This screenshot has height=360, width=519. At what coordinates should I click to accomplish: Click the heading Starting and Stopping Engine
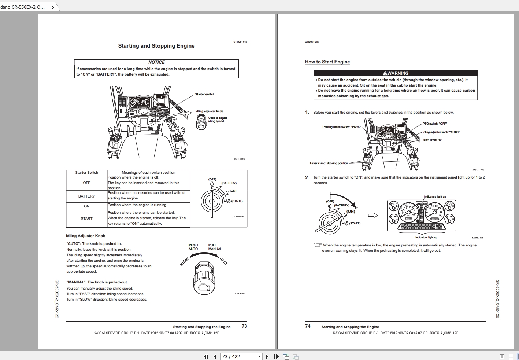point(156,46)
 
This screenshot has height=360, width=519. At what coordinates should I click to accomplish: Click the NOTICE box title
point(156,62)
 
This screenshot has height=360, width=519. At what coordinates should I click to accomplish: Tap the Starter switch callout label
point(205,94)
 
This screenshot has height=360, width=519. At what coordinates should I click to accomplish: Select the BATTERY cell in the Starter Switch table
point(86,196)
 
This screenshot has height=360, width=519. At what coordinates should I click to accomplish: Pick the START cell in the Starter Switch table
point(86,218)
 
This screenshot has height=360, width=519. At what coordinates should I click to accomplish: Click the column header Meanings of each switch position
point(148,172)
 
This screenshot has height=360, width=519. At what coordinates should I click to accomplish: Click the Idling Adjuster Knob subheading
point(85,236)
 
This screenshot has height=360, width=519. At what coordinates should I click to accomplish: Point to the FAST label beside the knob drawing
point(223,261)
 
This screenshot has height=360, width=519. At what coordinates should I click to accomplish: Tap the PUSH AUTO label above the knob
point(193,247)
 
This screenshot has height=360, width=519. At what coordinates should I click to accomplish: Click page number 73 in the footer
point(244,326)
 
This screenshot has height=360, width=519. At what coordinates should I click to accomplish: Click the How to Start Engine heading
point(327,62)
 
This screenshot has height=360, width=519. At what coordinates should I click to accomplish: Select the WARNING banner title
point(395,73)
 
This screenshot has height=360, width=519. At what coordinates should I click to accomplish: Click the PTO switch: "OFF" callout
point(434,124)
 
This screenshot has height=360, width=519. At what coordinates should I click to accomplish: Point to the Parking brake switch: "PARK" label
point(341,127)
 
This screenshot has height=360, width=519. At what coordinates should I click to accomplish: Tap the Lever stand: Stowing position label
point(329,163)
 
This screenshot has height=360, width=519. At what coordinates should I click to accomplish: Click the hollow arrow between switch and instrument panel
point(372,216)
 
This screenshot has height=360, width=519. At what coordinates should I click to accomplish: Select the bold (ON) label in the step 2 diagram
point(351,211)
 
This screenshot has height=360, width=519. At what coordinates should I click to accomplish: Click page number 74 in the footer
point(308,326)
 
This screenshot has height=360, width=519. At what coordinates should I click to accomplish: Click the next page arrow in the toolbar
point(267,356)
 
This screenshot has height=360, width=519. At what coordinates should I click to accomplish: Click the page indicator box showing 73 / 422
point(241,356)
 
